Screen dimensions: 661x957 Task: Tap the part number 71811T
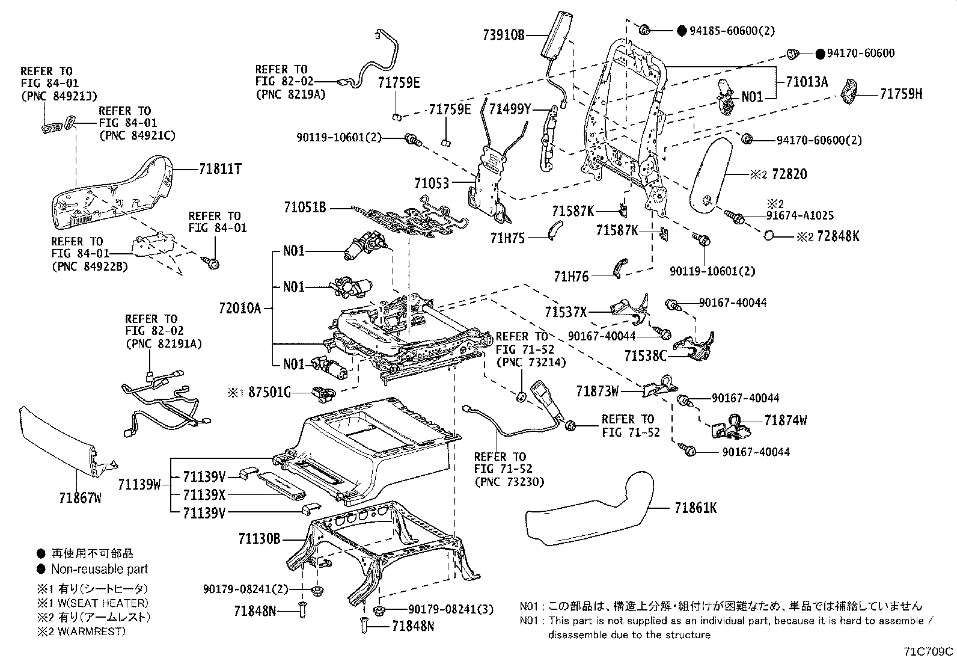coord(220,170)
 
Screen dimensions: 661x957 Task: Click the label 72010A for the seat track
coord(240,309)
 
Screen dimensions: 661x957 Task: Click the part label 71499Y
coord(510,109)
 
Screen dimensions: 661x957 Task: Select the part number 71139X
coord(204,494)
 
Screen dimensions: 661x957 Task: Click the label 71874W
coord(786,420)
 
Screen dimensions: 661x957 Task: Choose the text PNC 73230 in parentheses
coord(509,481)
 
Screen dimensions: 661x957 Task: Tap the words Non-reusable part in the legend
coord(99,569)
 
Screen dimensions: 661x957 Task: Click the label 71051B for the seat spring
coord(305,208)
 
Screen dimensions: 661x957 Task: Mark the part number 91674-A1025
coord(800,216)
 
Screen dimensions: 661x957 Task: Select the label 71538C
coord(645,356)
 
